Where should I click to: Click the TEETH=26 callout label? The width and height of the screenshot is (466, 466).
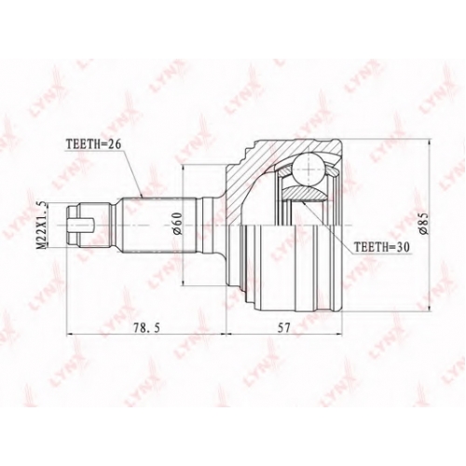(x=93, y=144)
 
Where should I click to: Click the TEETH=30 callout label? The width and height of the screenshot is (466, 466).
(x=382, y=247)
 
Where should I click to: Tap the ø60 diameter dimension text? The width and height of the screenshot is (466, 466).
(x=176, y=225)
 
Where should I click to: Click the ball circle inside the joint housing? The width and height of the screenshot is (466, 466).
(x=309, y=170)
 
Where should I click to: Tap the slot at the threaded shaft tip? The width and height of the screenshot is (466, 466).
(x=81, y=225)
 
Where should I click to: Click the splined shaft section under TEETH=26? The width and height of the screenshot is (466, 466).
(x=158, y=225)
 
